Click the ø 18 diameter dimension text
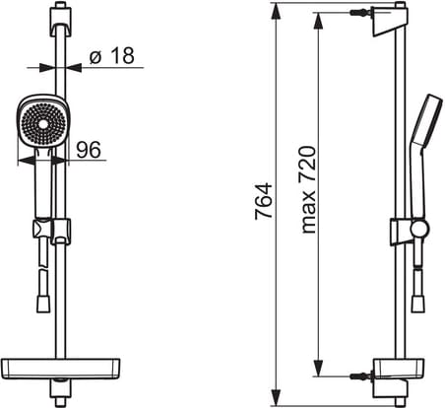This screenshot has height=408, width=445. tap(112, 55)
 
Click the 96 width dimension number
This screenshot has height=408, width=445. tap(89, 150)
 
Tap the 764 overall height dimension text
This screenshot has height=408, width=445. tap(264, 201)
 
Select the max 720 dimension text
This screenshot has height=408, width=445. tap(308, 189)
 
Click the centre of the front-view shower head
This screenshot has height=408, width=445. tap(43, 125)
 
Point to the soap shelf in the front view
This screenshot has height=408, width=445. tap(60, 369)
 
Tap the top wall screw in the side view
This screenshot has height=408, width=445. tap(361, 13)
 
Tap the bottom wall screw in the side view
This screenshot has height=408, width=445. tap(361, 375)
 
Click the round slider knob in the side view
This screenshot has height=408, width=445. tap(419, 229)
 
